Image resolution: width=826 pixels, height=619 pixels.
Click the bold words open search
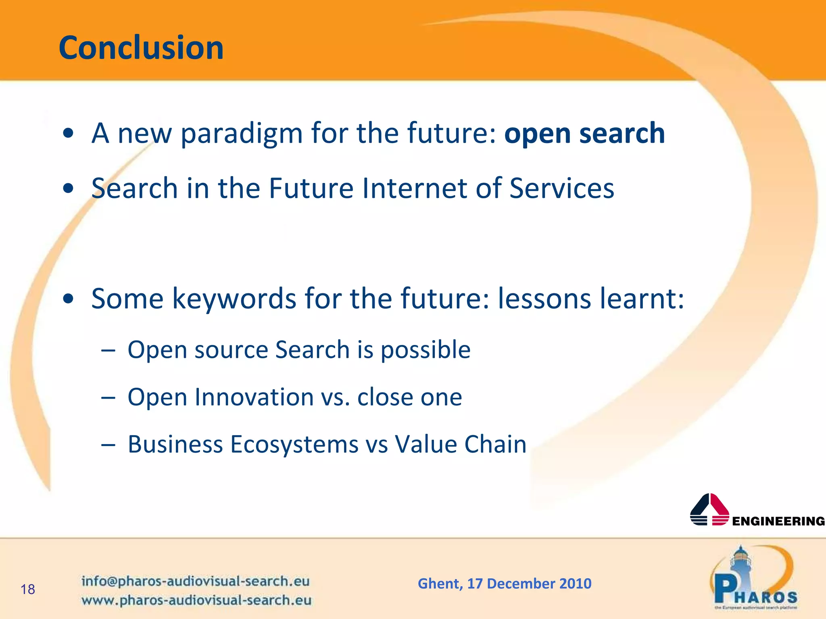point(584,133)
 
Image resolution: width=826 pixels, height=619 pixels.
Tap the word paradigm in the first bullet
point(242,134)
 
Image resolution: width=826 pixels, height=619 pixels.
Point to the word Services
point(561,188)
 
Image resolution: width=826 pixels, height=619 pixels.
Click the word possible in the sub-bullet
point(426,350)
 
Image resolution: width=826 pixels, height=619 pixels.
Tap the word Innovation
point(254,397)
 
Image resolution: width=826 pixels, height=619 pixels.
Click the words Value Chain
point(460,444)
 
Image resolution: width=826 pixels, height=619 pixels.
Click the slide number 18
point(28,590)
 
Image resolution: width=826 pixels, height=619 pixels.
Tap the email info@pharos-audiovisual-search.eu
point(195,581)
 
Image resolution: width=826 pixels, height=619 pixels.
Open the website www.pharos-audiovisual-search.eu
point(196,600)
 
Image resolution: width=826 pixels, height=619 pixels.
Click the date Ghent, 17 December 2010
point(505,584)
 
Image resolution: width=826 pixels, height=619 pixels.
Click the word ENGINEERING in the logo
point(778,521)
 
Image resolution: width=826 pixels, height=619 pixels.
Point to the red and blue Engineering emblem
point(709,509)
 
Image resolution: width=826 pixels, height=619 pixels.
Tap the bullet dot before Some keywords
point(69,299)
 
